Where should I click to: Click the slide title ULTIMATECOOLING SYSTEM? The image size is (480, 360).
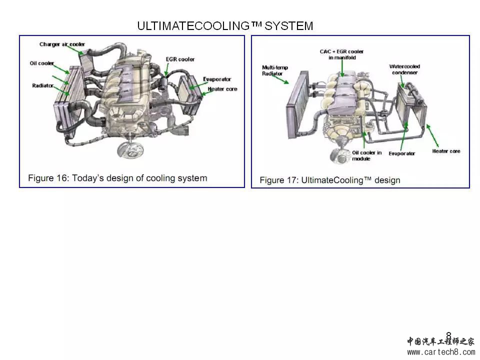tap(225, 26)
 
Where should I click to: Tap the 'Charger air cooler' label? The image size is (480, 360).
tap(62, 44)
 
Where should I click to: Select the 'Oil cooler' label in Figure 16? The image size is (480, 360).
tap(41, 63)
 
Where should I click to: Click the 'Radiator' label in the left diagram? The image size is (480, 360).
tap(42, 86)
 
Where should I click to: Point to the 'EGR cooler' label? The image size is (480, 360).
tap(180, 59)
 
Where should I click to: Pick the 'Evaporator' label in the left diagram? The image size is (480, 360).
tap(217, 79)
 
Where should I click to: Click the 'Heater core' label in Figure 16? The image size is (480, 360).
tap(222, 89)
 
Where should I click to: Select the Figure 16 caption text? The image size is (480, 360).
tap(117, 178)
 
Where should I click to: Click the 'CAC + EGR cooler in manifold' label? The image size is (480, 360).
tap(341, 54)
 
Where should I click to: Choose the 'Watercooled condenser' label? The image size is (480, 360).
tap(404, 69)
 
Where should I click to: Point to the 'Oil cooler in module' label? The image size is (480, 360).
tap(367, 155)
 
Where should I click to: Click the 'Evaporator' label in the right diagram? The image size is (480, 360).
tap(401, 153)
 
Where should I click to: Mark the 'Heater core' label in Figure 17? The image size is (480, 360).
tap(446, 151)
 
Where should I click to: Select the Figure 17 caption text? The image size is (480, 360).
tap(330, 180)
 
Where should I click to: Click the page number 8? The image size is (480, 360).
tap(448, 335)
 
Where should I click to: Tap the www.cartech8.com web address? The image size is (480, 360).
tap(441, 352)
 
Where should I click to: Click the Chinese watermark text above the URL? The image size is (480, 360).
tap(440, 341)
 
